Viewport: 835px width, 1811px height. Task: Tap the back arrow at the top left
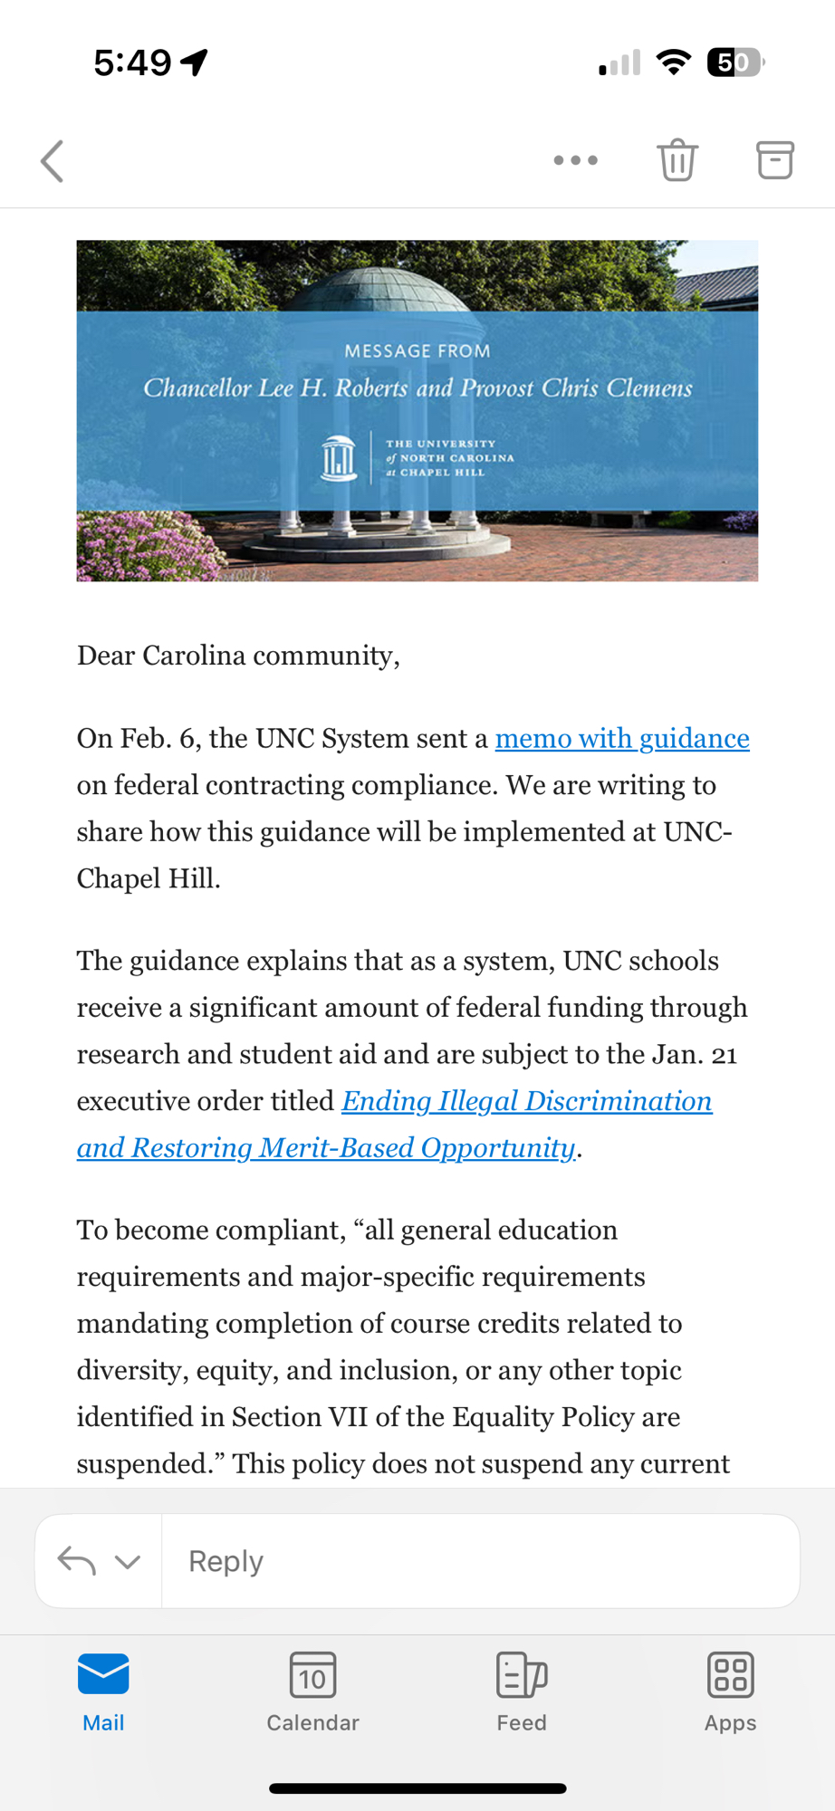[53, 161]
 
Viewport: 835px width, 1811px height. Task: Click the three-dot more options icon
[576, 160]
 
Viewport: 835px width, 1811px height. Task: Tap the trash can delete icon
[677, 160]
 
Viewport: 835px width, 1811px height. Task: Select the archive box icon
[775, 160]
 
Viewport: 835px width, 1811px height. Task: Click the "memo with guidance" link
[622, 739]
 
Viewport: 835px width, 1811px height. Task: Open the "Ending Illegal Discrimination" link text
[526, 1101]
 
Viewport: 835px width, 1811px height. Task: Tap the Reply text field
[480, 1561]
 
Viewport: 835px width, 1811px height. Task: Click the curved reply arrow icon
[77, 1561]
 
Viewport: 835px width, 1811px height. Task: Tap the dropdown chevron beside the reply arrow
[128, 1562]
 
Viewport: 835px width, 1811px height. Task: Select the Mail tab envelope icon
[103, 1674]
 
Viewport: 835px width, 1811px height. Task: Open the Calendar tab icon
[312, 1675]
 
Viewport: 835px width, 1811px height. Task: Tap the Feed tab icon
[522, 1675]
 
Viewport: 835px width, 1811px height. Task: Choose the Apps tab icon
[730, 1675]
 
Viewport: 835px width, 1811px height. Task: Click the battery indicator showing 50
[734, 62]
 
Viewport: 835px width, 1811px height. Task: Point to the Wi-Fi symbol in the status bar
[673, 62]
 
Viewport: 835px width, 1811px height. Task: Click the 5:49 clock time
[132, 62]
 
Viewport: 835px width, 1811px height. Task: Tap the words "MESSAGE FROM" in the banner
[417, 351]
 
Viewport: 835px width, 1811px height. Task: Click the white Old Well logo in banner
[339, 458]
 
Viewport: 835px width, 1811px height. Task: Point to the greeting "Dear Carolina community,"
[238, 656]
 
